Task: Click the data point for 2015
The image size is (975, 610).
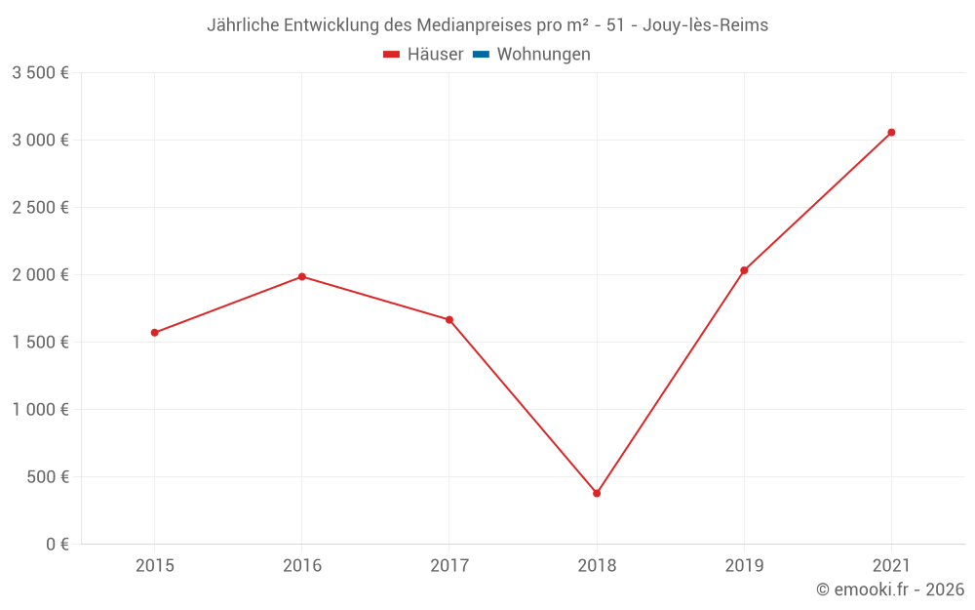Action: click(x=154, y=333)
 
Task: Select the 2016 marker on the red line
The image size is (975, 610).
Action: click(x=302, y=276)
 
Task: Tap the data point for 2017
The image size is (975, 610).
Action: click(x=449, y=319)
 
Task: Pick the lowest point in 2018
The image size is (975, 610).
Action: click(x=597, y=493)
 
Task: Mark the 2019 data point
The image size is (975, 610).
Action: click(x=744, y=270)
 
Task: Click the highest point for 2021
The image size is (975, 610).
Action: click(x=891, y=133)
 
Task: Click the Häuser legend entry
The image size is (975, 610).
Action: click(x=423, y=55)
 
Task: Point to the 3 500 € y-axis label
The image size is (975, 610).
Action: click(x=40, y=72)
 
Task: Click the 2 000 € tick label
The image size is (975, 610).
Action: click(x=40, y=274)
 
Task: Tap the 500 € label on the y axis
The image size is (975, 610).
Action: click(x=47, y=476)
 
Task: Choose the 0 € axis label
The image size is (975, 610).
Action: click(x=55, y=544)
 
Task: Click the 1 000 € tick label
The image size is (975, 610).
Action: click(x=40, y=409)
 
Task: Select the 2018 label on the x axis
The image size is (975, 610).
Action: click(x=597, y=565)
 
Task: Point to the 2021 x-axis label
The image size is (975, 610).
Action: click(x=891, y=565)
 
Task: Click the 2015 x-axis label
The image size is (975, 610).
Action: click(x=154, y=565)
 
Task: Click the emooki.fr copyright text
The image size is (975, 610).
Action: click(x=890, y=590)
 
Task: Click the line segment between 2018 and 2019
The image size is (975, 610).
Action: click(x=671, y=382)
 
